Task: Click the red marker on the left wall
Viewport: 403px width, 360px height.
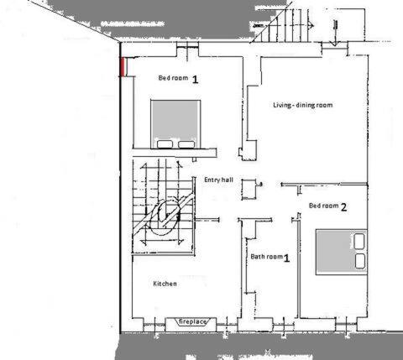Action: pyautogui.click(x=123, y=66)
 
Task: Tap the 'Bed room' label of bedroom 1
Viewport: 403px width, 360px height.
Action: pyautogui.click(x=173, y=78)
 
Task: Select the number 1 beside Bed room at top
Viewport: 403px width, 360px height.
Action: pyautogui.click(x=195, y=80)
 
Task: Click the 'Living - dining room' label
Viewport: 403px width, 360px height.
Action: pyautogui.click(x=303, y=105)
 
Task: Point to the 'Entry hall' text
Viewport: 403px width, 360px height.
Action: pyautogui.click(x=218, y=180)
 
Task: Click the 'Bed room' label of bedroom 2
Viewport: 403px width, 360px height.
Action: pyautogui.click(x=324, y=206)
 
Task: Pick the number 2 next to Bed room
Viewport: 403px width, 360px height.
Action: pyautogui.click(x=343, y=207)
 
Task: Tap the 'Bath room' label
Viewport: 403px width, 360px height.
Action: pyautogui.click(x=267, y=257)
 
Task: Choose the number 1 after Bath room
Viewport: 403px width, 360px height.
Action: pyautogui.click(x=286, y=258)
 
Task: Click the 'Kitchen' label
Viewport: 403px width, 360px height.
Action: pyautogui.click(x=165, y=284)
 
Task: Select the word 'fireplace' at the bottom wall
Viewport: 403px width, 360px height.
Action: pyautogui.click(x=193, y=321)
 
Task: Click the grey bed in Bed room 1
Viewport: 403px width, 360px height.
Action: pyautogui.click(x=175, y=124)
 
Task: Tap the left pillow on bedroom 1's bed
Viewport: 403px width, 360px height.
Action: pyautogui.click(x=165, y=144)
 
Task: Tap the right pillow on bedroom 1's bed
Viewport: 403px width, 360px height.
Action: pyautogui.click(x=186, y=144)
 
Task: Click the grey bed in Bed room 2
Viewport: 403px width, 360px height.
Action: pyautogui.click(x=341, y=252)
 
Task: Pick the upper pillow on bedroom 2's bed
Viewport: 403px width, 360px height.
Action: pyautogui.click(x=359, y=242)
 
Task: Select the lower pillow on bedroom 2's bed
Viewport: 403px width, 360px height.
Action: pyautogui.click(x=360, y=261)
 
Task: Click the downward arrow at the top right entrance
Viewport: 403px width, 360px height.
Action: pyautogui.click(x=335, y=33)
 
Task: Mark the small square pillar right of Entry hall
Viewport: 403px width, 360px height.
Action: pyautogui.click(x=249, y=190)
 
